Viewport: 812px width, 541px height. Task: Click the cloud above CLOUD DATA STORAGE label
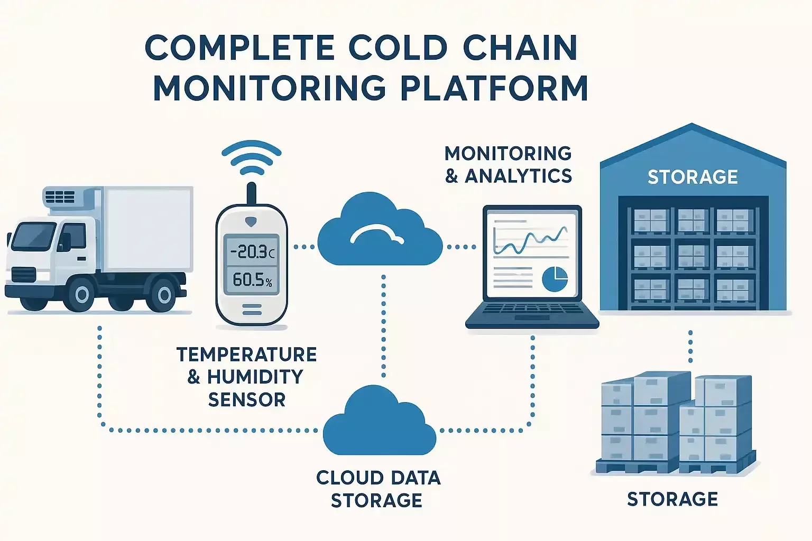pos(379,423)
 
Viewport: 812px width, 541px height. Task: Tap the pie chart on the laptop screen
pos(555,278)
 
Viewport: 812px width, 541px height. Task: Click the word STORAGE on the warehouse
pos(693,177)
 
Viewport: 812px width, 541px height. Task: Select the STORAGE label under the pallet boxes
pos(672,499)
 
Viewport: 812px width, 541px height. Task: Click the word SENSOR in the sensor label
pos(246,399)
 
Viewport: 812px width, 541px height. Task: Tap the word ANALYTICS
pos(518,176)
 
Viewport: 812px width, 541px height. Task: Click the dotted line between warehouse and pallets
pos(690,346)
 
